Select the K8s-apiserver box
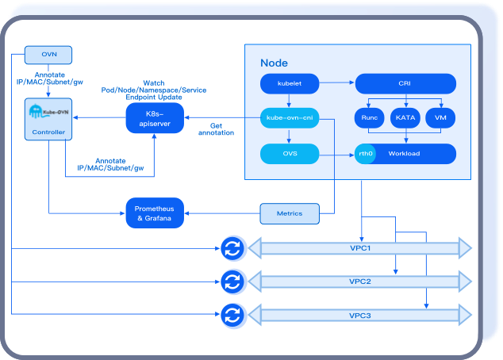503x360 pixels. point(155,119)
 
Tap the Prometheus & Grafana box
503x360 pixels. point(155,213)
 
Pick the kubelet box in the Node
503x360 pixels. point(289,82)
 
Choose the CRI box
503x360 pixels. point(405,82)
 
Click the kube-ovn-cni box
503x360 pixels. point(289,118)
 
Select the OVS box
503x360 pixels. point(289,153)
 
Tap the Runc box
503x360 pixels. point(369,118)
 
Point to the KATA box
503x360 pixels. point(405,118)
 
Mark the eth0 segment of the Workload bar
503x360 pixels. point(365,154)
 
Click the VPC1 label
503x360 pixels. point(360,248)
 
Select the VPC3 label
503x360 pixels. point(360,316)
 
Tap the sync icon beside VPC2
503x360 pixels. point(232,281)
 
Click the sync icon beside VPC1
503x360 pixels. point(232,248)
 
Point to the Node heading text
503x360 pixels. point(274,63)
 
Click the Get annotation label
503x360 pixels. point(221,128)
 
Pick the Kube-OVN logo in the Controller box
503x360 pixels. point(48,112)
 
